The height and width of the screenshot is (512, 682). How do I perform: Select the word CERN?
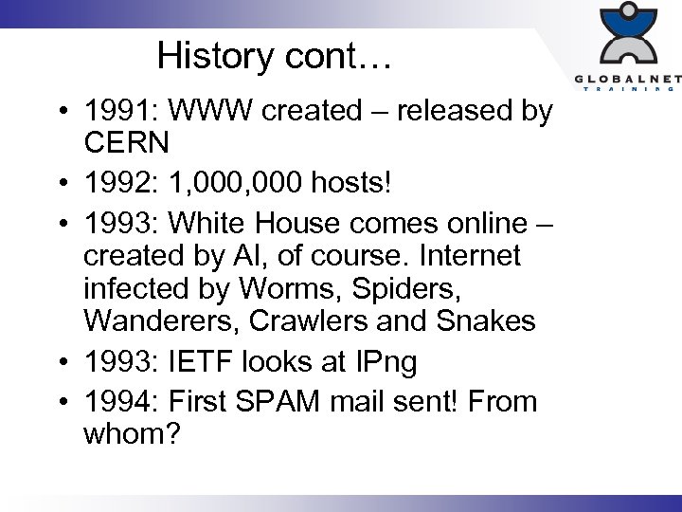(126, 143)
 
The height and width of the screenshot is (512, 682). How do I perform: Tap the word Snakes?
(489, 320)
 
